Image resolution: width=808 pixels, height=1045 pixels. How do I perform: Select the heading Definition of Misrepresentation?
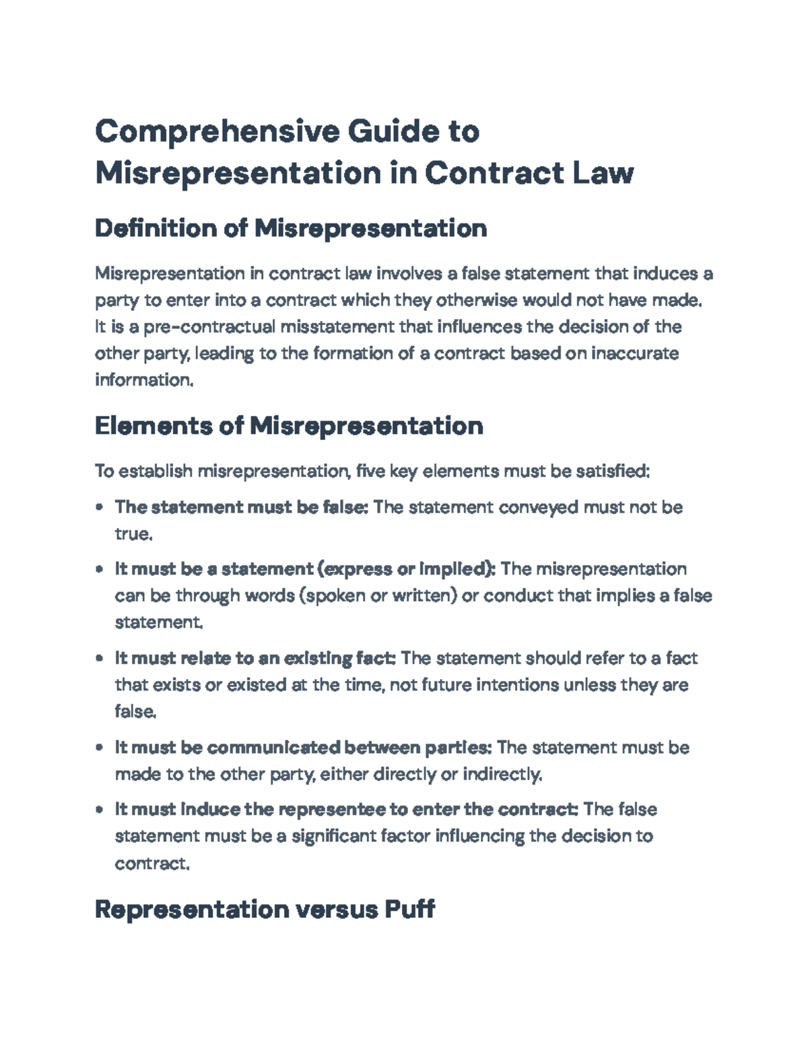[290, 229]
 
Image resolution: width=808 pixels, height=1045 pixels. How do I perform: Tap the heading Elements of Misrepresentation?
[289, 426]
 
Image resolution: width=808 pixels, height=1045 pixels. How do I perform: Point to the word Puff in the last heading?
[409, 910]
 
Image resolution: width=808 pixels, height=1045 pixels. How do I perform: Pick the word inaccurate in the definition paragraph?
[634, 353]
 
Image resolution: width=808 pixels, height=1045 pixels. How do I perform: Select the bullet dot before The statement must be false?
[100, 507]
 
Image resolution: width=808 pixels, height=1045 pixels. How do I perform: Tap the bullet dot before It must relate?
[100, 658]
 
